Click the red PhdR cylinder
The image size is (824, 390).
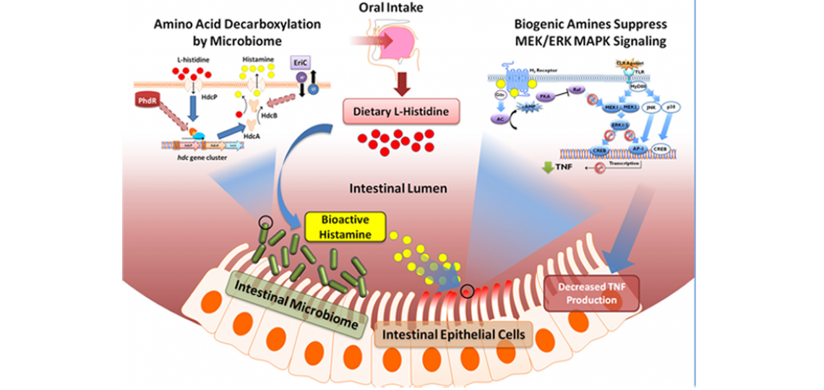145,99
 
